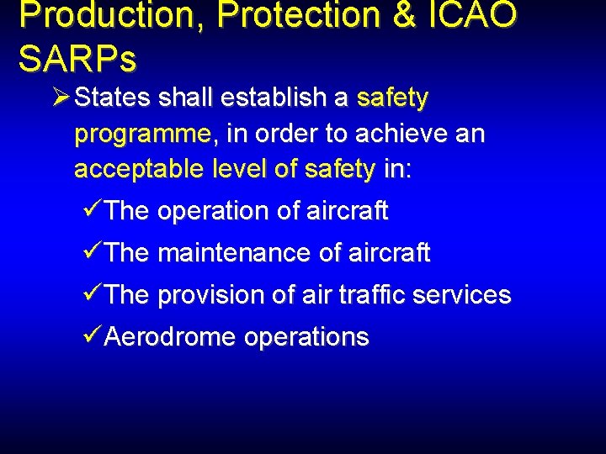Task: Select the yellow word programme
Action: (x=141, y=135)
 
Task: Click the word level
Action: (x=239, y=170)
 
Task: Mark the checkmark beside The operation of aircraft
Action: (x=94, y=210)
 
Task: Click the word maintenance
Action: (x=225, y=252)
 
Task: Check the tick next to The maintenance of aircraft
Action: (x=94, y=252)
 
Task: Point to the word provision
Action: (x=211, y=295)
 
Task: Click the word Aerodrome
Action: (x=171, y=337)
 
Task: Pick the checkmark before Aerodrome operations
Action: (x=94, y=337)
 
